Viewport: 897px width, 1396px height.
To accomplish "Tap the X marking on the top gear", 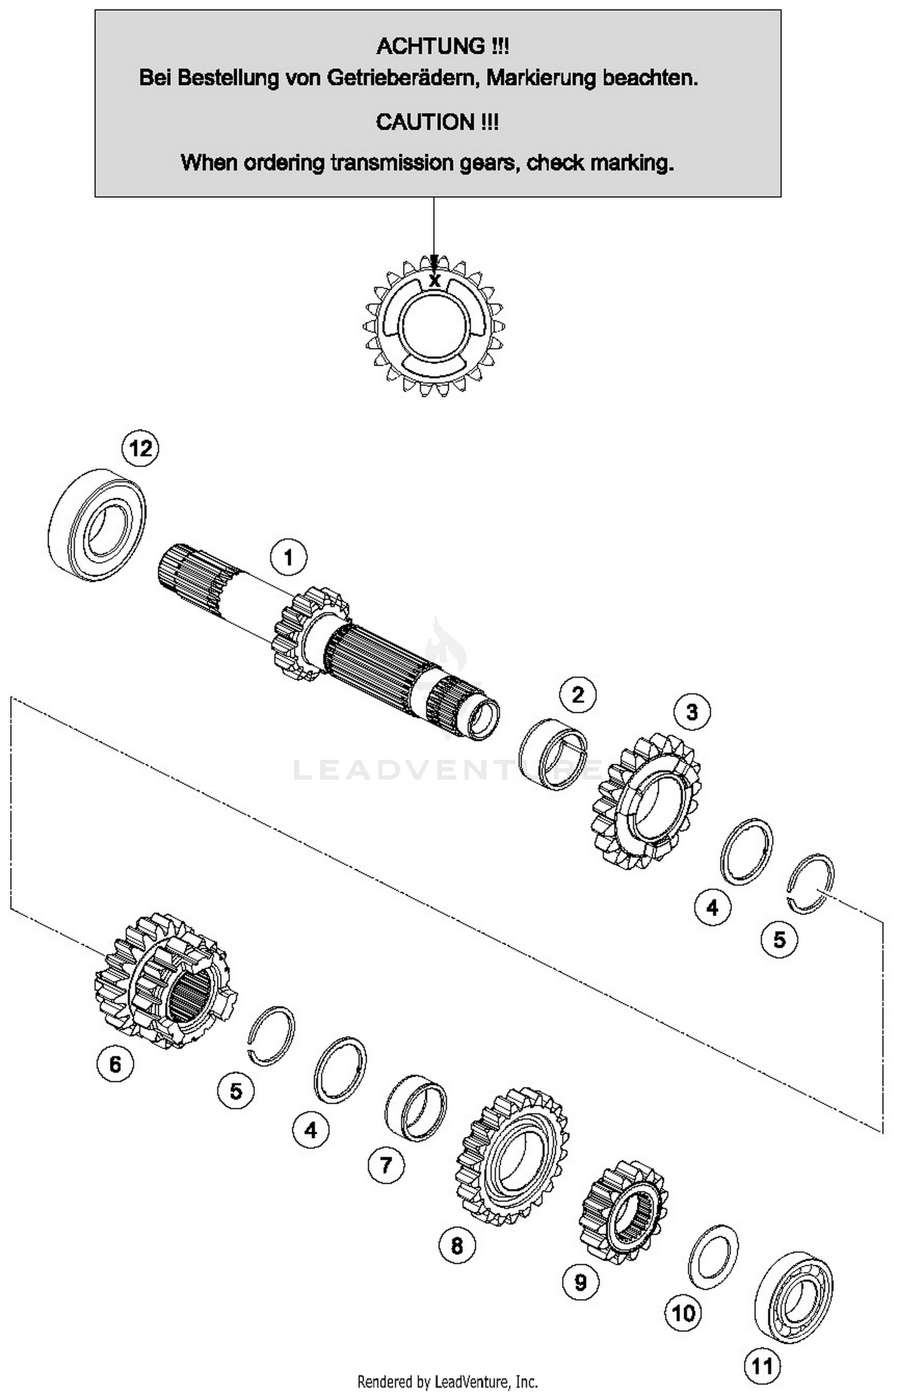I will (435, 280).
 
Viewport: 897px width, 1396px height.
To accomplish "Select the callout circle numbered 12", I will (141, 448).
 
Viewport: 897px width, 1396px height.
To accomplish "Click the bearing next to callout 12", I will (97, 525).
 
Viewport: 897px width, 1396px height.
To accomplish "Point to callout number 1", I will (288, 557).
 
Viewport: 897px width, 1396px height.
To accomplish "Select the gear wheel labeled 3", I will (646, 801).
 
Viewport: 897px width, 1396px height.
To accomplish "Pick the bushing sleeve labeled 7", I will (416, 1112).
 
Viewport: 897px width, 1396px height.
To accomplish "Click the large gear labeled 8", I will (512, 1157).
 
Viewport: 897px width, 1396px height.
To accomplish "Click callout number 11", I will (762, 1366).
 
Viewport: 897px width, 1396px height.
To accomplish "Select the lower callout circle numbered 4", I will (310, 1130).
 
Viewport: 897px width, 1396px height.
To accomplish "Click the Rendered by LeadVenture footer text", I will (447, 1382).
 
